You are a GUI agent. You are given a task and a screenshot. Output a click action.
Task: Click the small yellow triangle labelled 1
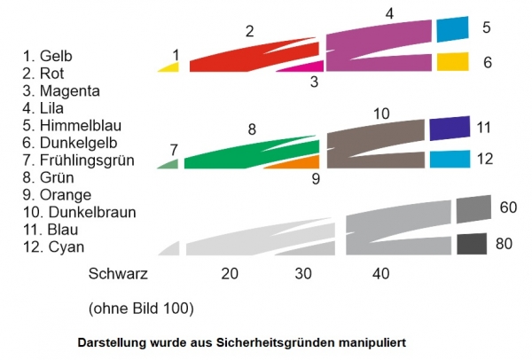[x=170, y=67]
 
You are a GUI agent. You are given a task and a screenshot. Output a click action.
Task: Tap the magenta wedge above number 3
[x=306, y=66]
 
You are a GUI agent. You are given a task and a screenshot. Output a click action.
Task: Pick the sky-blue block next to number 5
[x=452, y=28]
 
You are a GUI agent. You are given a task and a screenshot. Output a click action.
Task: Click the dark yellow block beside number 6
[x=452, y=61]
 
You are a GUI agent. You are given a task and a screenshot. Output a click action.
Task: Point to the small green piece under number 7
[x=169, y=163]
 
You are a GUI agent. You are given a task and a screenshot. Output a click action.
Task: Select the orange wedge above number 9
[x=297, y=161]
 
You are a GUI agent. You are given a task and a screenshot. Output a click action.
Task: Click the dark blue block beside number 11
[x=449, y=128]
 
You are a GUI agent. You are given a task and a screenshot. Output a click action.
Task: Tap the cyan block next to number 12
[x=450, y=159]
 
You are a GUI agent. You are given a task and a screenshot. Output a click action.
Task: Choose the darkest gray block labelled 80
[x=472, y=244]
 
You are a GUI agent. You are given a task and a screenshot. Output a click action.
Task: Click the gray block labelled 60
[x=473, y=209]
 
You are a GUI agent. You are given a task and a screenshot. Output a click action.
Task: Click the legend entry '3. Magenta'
[x=62, y=90]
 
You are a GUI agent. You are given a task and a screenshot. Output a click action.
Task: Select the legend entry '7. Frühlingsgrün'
[x=79, y=160]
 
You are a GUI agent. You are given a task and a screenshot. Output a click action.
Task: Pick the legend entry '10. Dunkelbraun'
[x=74, y=212]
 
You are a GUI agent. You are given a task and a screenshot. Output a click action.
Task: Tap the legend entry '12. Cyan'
[x=55, y=247]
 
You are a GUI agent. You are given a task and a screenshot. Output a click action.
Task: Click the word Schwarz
[x=118, y=274]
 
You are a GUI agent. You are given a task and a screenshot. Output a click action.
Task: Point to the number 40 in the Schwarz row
[x=380, y=274]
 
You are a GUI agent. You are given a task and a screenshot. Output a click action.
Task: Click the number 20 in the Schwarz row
[x=230, y=274]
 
